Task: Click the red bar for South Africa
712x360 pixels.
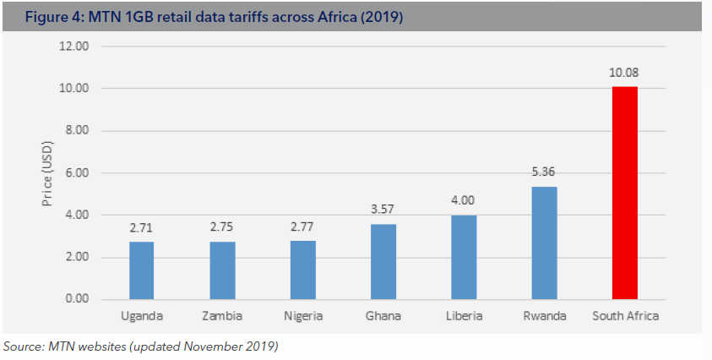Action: pyautogui.click(x=625, y=193)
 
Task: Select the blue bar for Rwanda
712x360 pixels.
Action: pyautogui.click(x=544, y=243)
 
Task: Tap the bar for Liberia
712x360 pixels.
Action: pyautogui.click(x=463, y=258)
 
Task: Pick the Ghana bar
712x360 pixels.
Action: pyautogui.click(x=383, y=262)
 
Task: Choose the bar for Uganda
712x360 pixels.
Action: pyautogui.click(x=142, y=270)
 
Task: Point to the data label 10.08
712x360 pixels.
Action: pyautogui.click(x=625, y=74)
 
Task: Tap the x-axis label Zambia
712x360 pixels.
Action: pyautogui.click(x=222, y=317)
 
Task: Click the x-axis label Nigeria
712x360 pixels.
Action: pyautogui.click(x=302, y=317)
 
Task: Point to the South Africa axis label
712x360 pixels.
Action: pyautogui.click(x=625, y=317)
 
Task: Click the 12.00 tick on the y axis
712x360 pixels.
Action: pyautogui.click(x=73, y=46)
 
